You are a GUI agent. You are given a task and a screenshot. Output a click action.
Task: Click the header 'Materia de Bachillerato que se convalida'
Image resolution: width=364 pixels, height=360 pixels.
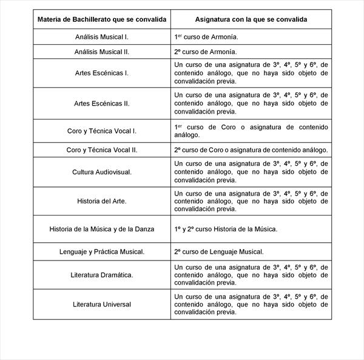pos(102,19)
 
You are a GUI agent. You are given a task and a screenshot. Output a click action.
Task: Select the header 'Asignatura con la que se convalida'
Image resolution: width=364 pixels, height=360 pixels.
pos(251,19)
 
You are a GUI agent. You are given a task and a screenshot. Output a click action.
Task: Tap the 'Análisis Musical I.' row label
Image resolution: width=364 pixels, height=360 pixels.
pos(102,37)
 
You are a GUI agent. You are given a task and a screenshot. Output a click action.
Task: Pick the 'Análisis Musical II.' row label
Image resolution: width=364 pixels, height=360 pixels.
pos(102,52)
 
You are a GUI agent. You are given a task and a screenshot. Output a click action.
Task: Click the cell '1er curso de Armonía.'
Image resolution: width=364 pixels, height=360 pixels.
pos(201,37)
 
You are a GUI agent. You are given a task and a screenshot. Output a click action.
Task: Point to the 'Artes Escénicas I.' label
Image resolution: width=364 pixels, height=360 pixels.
pos(102,73)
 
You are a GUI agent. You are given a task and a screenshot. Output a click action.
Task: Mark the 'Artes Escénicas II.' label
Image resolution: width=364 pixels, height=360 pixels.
pos(102,103)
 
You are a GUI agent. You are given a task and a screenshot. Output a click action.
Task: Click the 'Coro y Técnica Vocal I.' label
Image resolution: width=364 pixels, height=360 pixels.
pos(102,131)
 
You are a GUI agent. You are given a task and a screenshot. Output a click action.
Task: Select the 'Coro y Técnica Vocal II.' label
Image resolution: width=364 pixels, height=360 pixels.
pos(102,149)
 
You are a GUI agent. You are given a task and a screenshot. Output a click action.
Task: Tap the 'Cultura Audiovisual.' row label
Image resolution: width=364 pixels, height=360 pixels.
pos(102,172)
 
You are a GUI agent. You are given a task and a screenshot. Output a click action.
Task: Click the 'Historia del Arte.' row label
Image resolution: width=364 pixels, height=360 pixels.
pos(102,201)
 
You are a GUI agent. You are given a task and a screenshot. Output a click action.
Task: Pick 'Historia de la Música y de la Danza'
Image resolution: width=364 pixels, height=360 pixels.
pos(102,229)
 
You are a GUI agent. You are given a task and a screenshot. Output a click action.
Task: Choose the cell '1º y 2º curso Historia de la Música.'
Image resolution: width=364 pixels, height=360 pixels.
pos(226,229)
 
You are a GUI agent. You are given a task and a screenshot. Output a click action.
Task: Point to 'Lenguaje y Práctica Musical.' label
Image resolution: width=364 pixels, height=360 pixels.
pos(102,251)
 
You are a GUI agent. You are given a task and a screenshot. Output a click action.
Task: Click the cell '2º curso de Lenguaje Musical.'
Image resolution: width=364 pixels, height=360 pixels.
pos(219,251)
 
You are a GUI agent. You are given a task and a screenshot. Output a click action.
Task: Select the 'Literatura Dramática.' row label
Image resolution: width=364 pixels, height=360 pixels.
pos(102,274)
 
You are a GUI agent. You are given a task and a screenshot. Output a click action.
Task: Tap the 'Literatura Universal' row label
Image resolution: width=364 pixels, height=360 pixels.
pos(102,304)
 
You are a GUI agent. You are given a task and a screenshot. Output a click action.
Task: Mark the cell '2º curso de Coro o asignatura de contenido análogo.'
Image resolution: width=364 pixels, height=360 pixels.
pos(251,149)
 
